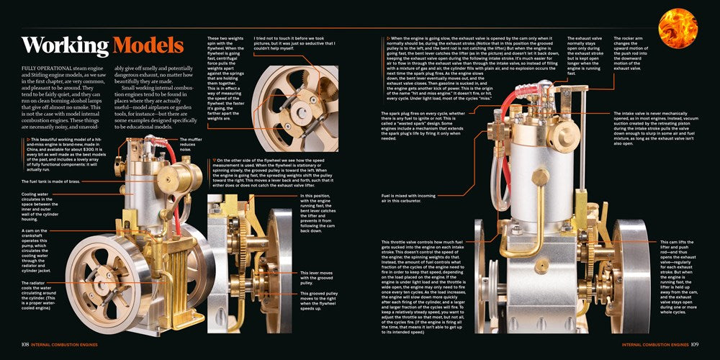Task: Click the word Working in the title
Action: pos(65,46)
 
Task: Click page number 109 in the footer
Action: pos(694,343)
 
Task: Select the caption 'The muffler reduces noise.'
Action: pos(192,145)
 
